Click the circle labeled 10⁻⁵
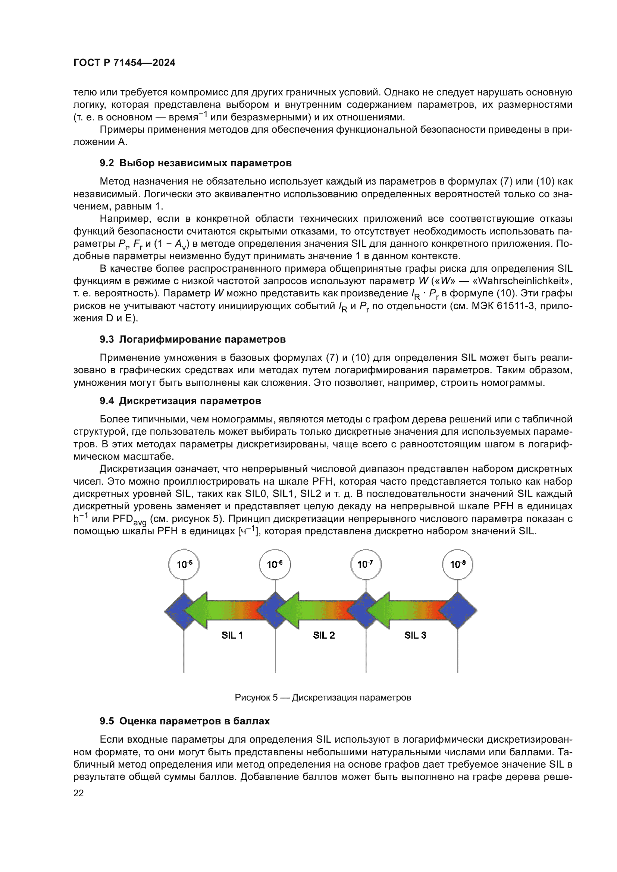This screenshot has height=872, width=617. click(x=184, y=564)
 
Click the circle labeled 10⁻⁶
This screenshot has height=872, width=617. click(x=275, y=564)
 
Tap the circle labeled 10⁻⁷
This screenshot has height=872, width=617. click(x=366, y=564)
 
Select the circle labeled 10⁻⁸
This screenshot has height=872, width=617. click(x=457, y=564)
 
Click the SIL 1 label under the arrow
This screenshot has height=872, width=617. click(x=232, y=635)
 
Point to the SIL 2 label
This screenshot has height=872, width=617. click(x=324, y=635)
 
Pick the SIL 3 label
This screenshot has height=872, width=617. click(x=415, y=635)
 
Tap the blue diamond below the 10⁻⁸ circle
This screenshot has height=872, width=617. click(x=460, y=611)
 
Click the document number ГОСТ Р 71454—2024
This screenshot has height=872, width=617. click(x=124, y=63)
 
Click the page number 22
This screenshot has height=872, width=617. click(x=78, y=793)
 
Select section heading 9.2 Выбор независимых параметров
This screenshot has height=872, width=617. click(x=196, y=163)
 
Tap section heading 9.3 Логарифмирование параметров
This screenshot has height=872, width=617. click(x=192, y=339)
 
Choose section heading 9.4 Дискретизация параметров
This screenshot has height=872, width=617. click(x=181, y=401)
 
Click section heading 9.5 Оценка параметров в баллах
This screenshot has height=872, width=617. click(x=185, y=721)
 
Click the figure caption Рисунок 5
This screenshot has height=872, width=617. click(x=323, y=697)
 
